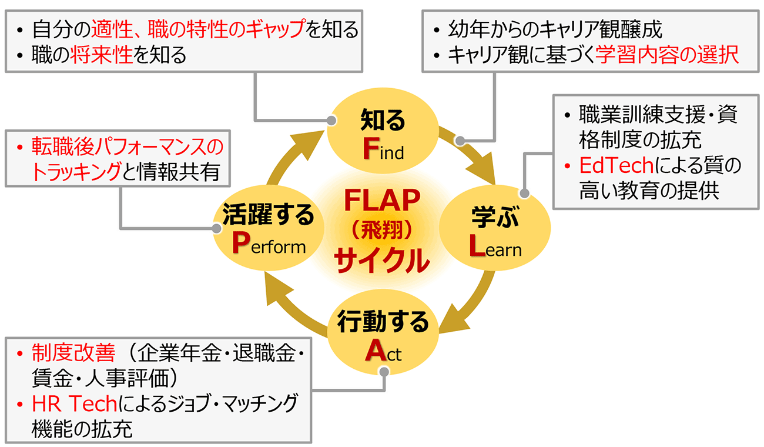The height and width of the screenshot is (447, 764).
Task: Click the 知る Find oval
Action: pyautogui.click(x=383, y=135)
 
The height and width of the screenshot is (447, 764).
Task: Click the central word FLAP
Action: pyautogui.click(x=382, y=203)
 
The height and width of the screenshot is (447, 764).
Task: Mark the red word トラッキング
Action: pyautogui.click(x=76, y=172)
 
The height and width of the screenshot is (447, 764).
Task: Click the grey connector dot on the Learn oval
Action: pyautogui.click(x=525, y=192)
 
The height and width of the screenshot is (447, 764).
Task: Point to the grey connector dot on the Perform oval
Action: pyautogui.click(x=216, y=228)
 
